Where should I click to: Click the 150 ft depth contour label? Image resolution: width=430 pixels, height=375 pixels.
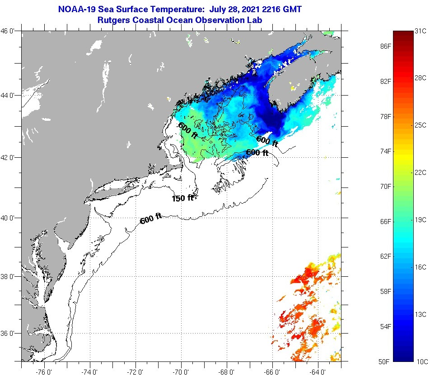point(182,198)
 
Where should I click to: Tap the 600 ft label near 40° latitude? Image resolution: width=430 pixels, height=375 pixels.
point(151,220)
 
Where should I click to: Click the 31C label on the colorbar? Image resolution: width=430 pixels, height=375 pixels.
point(421,31)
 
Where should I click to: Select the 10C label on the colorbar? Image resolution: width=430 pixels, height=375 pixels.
point(421,361)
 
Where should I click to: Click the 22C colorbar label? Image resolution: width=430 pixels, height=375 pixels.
point(421,172)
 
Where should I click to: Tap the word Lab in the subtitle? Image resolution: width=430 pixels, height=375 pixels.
point(254,20)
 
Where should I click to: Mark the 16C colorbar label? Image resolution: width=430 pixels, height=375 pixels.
point(421,267)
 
